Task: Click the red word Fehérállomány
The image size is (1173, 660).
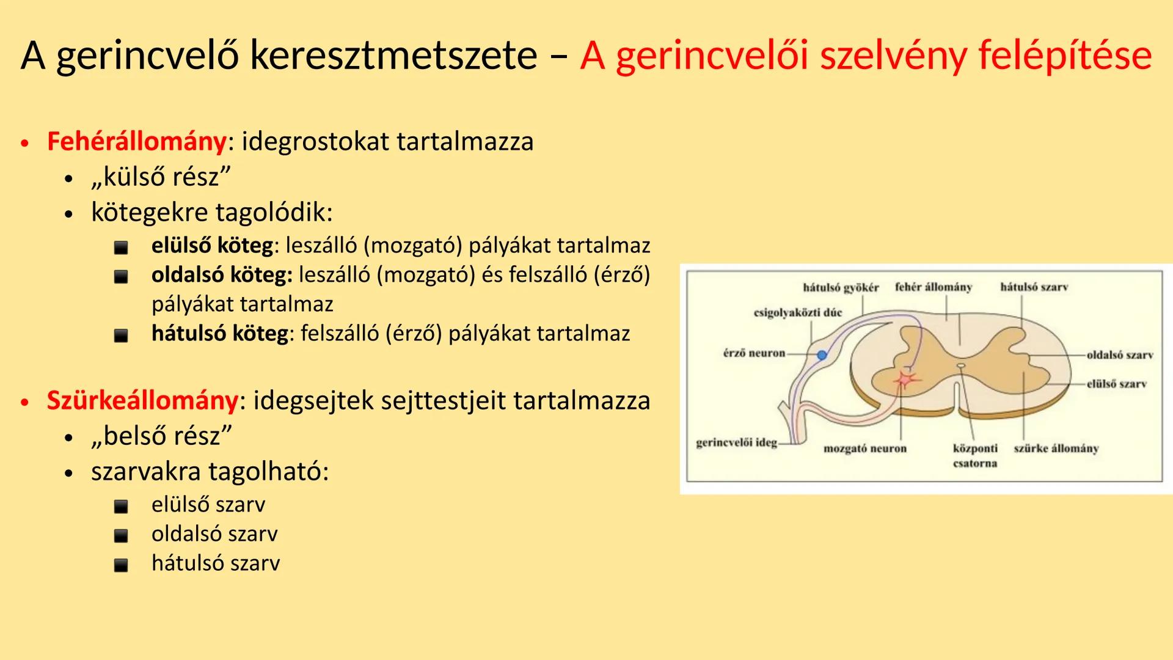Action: click(x=136, y=142)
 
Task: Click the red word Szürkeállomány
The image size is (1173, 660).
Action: click(x=142, y=401)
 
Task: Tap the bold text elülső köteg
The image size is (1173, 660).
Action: click(x=212, y=246)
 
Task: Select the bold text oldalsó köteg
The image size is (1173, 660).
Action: click(x=221, y=275)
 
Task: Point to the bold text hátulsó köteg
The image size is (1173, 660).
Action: click(x=220, y=334)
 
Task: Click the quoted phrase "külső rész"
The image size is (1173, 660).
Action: click(x=161, y=177)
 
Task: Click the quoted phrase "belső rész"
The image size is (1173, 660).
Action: click(x=161, y=436)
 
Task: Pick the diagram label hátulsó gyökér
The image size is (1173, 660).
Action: click(x=840, y=287)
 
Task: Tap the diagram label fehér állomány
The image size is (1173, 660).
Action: click(x=933, y=287)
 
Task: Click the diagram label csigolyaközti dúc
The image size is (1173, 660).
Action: click(x=797, y=313)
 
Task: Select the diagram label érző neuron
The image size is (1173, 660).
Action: click(x=754, y=353)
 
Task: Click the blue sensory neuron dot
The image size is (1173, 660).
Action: click(x=822, y=355)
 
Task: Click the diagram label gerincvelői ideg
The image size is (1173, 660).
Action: click(x=736, y=442)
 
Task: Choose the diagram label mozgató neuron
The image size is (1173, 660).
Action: click(x=864, y=449)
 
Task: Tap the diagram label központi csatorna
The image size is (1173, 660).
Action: click(x=974, y=455)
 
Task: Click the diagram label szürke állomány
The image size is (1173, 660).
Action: click(x=1056, y=449)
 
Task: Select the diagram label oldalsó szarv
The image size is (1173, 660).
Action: click(x=1119, y=355)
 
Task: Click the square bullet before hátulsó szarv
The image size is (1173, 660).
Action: click(x=121, y=565)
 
